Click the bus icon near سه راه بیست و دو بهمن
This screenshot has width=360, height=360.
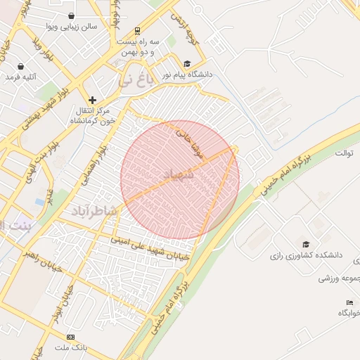click(136, 30)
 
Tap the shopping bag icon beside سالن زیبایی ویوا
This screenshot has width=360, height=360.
click(72, 15)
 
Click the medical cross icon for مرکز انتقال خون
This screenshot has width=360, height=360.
click(92, 100)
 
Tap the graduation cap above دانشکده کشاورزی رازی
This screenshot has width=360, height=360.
click(304, 243)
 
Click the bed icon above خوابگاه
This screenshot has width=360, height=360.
click(349, 302)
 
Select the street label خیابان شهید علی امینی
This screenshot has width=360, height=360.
click(149, 249)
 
